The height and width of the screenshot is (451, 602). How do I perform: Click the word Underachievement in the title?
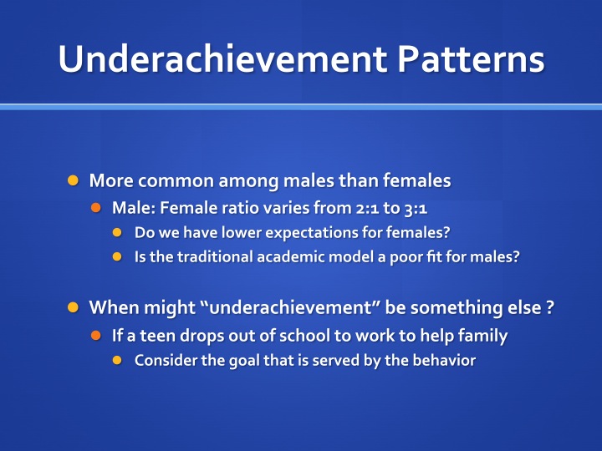[222, 58]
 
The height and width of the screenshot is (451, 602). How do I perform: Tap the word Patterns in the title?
[471, 58]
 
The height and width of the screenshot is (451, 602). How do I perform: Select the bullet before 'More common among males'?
[73, 180]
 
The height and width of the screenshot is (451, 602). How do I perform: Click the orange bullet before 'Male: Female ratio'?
[95, 208]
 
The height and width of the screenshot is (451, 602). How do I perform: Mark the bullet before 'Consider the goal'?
[117, 361]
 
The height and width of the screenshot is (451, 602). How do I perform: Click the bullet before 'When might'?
[73, 307]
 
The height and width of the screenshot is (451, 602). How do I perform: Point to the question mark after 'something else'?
[550, 307]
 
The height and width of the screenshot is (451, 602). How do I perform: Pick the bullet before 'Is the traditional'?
[117, 256]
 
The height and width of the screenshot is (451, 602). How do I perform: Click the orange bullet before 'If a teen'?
[95, 336]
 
